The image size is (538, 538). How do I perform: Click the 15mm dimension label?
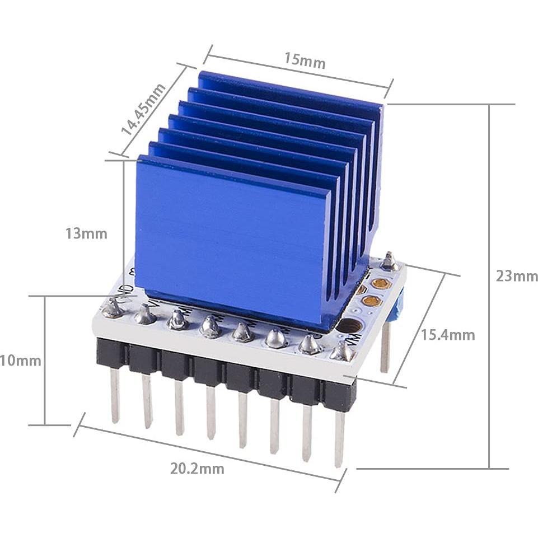305,60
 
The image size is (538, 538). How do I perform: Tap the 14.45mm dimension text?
143,110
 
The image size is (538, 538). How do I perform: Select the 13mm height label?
86,233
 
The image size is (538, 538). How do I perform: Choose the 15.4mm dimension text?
448,335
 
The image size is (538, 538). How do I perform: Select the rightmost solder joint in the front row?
341,352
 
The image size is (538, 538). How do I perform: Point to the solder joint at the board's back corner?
389,261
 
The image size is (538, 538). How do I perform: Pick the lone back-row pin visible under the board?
385,347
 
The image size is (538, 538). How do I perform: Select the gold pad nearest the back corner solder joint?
381,283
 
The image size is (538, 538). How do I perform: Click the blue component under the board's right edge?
399,305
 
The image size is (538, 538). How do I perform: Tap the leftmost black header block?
111,353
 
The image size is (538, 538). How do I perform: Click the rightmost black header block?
339,395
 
